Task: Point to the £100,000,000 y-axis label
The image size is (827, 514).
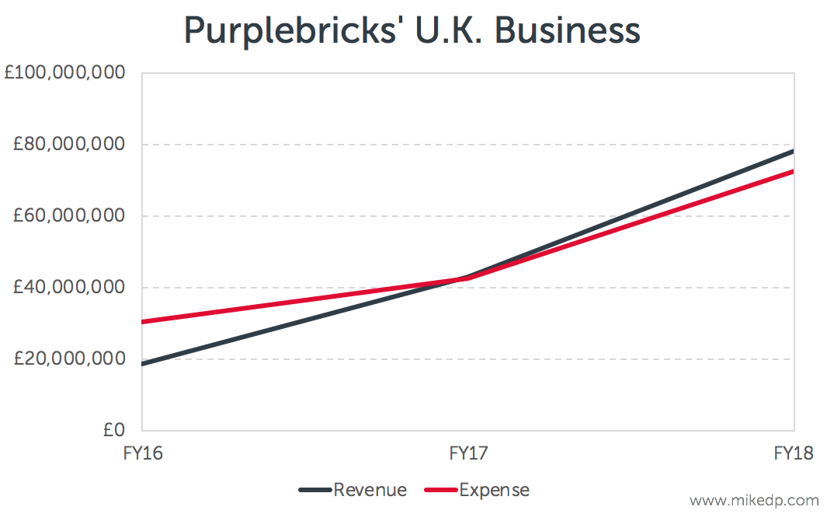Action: (64, 74)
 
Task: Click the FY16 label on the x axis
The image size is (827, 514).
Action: (143, 453)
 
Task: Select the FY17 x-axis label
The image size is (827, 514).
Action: (469, 453)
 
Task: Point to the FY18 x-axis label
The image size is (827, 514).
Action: (794, 453)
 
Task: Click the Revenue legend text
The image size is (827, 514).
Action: (370, 490)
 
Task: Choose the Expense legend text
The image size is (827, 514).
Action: (495, 490)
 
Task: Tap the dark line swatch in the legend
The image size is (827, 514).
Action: (315, 491)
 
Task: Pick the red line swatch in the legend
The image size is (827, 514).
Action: (441, 491)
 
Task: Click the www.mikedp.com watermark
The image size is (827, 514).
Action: (753, 500)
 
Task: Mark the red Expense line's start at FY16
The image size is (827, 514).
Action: (144, 322)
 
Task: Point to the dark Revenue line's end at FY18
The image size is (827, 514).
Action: (793, 151)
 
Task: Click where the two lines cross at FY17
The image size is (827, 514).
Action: (467, 278)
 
